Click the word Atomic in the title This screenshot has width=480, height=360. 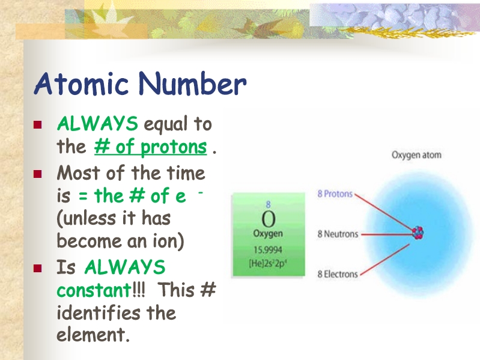pos(81,84)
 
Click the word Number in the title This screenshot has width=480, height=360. pos(192,84)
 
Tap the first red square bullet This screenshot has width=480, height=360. pos(38,124)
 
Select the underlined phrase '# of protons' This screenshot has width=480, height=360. pos(151,147)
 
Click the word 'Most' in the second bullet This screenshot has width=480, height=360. pos(78,173)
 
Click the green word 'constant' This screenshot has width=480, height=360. pos(94,290)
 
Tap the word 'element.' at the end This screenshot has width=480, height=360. pos(93,334)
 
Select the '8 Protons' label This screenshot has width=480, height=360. pos(335,194)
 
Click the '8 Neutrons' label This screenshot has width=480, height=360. pos(338,234)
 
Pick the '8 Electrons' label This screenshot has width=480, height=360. pos(338,274)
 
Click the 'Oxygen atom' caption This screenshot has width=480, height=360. pos(416,155)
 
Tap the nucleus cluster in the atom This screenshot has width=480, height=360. pos(418,233)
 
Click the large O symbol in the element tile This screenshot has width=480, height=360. pos(269,219)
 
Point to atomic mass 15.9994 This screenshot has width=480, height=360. pos(267,250)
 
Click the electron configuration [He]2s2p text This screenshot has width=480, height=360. pos(268,263)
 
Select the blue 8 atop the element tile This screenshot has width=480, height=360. pos(268,204)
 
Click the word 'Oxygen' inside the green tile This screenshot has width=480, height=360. pos(268,234)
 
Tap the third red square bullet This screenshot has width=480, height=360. pos(38,269)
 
